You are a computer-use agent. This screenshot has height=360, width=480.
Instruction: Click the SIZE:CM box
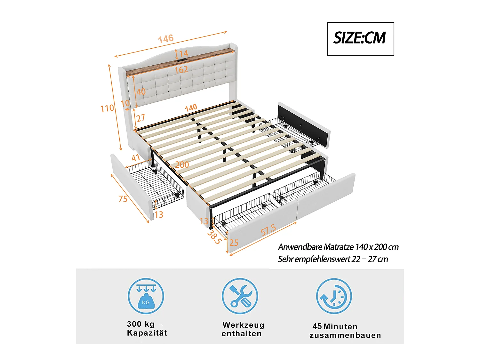[360, 39]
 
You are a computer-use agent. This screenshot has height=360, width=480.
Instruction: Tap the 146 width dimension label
[166, 39]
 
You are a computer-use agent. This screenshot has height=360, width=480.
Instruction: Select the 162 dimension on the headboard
[181, 70]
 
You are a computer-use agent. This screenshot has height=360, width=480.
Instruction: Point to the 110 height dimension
[107, 108]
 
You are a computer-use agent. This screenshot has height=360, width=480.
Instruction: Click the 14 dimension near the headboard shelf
[183, 53]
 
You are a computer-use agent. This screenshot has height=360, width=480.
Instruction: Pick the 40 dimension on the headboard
[141, 92]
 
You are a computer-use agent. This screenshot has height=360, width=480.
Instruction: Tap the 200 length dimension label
[182, 164]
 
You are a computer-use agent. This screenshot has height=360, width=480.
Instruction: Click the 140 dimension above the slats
[191, 108]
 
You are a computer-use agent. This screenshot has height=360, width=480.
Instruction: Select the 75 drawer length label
[123, 199]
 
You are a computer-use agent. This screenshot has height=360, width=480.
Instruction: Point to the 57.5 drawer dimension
[268, 230]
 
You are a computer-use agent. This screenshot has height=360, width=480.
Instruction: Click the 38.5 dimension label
[214, 237]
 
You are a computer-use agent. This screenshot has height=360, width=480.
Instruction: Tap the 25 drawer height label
[234, 243]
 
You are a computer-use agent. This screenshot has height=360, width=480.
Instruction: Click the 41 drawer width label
[136, 158]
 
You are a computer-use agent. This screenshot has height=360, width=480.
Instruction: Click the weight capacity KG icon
[146, 296]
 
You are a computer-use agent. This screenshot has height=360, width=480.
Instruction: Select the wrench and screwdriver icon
[240, 296]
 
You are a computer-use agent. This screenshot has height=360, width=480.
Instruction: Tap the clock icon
[334, 296]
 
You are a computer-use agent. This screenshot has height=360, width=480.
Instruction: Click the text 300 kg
[141, 324]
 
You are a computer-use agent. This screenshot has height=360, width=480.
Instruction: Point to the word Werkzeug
[244, 325]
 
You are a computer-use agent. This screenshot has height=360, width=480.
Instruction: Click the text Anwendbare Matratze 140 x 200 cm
[338, 247]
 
